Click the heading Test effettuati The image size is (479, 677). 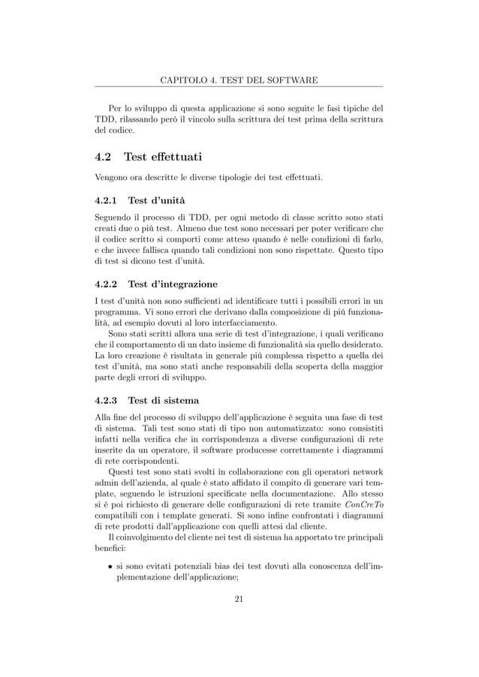163,157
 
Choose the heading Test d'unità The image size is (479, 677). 158,200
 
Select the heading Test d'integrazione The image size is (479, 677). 173,284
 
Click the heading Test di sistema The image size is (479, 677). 164,400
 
